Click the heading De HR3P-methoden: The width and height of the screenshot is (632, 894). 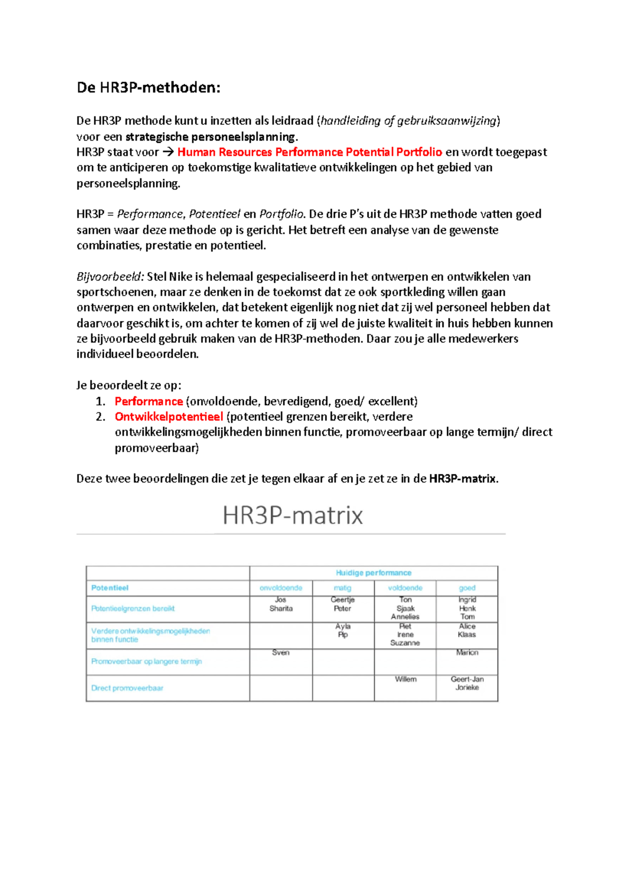149,87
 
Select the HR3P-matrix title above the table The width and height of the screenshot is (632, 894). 293,515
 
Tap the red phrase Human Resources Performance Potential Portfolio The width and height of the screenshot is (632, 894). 310,152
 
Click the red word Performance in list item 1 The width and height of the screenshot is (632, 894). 149,401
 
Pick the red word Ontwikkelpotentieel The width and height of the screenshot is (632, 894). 169,416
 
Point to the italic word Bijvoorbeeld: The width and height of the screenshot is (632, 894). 110,277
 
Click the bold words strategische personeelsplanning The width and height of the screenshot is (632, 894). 211,137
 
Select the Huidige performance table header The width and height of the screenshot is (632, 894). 373,573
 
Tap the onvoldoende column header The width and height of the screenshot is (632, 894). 281,588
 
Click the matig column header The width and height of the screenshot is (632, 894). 342,588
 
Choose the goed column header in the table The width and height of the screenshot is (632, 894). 467,588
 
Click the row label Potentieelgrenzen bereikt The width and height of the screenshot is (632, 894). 133,609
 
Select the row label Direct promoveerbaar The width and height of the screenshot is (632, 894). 127,688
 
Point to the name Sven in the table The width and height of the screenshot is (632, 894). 281,652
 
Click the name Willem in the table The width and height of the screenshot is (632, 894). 406,679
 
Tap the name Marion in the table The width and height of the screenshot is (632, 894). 467,652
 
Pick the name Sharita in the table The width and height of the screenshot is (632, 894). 281,609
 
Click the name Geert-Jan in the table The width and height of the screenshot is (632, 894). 467,679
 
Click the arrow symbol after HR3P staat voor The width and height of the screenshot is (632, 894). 168,153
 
